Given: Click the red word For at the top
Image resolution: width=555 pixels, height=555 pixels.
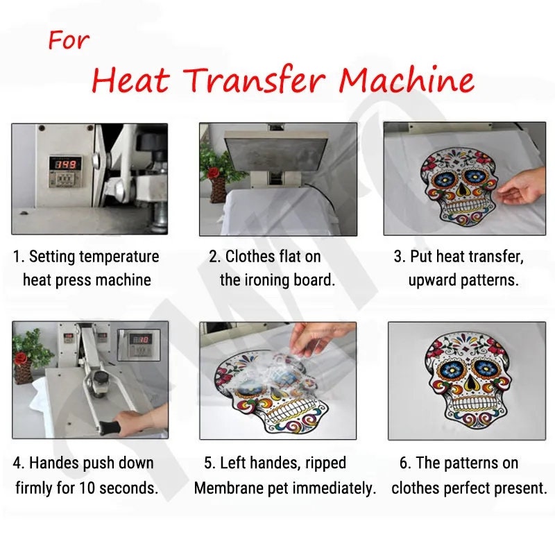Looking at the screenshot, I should click(68, 40).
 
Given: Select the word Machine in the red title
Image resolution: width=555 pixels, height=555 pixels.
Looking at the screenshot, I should click(407, 80).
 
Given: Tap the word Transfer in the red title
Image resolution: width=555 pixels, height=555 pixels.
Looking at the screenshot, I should click(255, 80).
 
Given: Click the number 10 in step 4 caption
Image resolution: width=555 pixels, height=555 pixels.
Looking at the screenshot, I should click(86, 488).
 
